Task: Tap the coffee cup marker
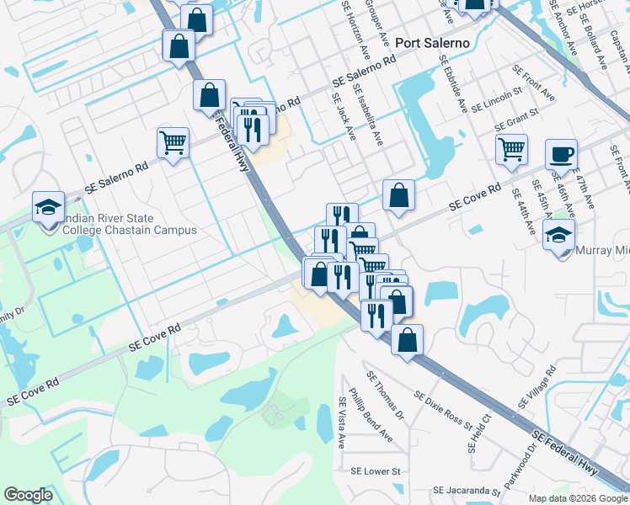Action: click(561, 154)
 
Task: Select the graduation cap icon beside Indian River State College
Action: click(48, 206)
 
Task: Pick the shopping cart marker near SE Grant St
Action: click(511, 149)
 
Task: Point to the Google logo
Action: click(28, 495)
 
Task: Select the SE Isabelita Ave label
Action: click(368, 115)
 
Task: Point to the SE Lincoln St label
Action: click(498, 102)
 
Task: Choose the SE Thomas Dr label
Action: click(384, 391)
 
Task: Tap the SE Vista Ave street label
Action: click(343, 422)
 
